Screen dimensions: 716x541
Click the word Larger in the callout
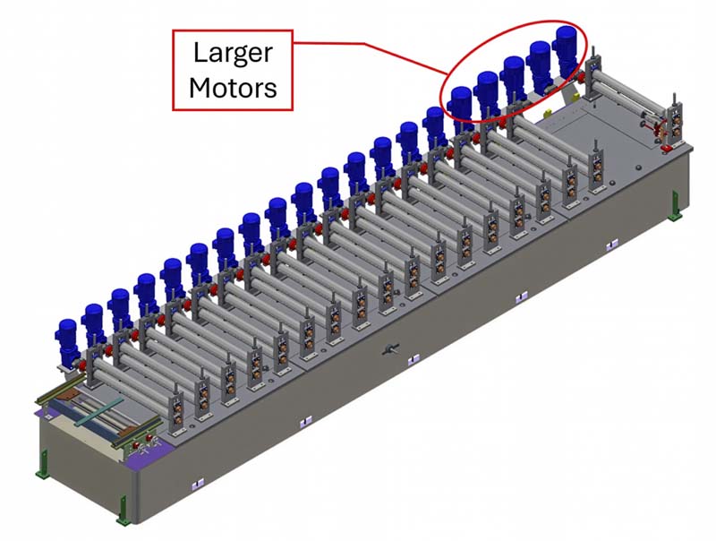[x=233, y=54]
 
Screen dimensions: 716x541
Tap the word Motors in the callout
[x=233, y=87]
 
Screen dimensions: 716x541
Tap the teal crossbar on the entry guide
[x=98, y=411]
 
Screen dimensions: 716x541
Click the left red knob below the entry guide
[x=136, y=444]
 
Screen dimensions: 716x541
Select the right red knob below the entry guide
[x=149, y=438]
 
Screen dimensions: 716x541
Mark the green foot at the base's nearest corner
[x=124, y=510]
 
